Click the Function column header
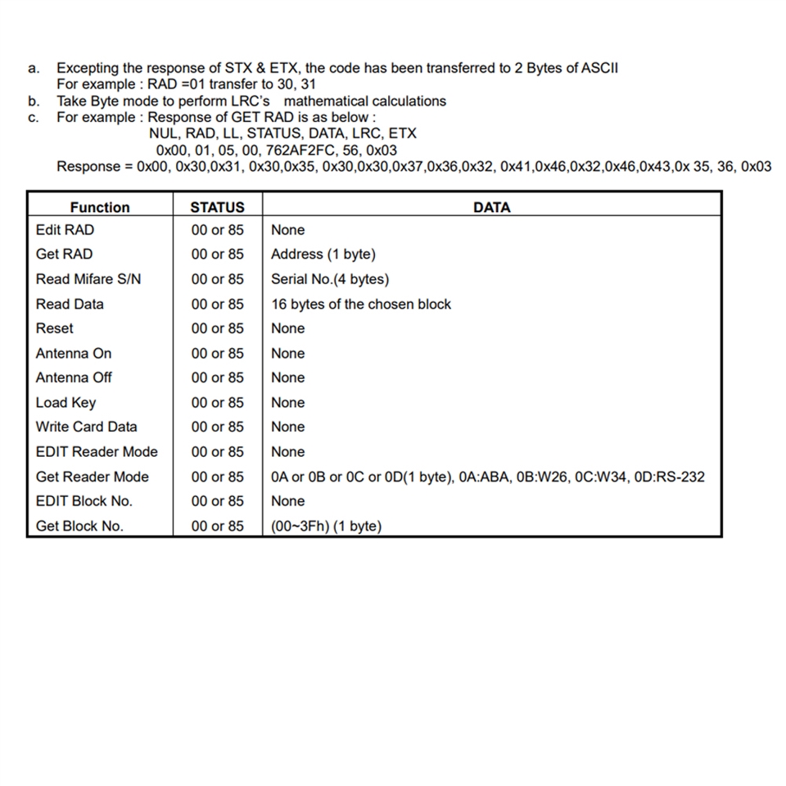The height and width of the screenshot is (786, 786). click(x=99, y=207)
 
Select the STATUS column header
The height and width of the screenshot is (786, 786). click(x=217, y=207)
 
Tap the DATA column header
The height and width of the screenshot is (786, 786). click(x=491, y=207)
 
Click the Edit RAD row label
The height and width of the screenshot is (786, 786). click(x=65, y=230)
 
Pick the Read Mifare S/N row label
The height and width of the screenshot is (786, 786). click(x=88, y=279)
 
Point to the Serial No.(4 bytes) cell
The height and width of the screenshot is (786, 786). click(x=330, y=279)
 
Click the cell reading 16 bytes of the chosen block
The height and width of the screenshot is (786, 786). click(x=361, y=304)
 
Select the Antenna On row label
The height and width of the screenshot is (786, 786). click(x=74, y=353)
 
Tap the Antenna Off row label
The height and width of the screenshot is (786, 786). click(x=74, y=377)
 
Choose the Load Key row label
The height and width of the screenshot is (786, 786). click(x=65, y=402)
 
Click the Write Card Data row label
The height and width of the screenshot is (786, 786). click(x=87, y=427)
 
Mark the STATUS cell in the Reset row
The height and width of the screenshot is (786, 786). click(x=217, y=328)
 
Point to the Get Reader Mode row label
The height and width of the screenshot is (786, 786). click(x=93, y=477)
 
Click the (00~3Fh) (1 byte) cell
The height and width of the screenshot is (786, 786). click(x=326, y=526)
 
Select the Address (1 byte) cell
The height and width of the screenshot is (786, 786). click(x=323, y=254)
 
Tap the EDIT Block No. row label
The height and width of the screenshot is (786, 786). click(x=84, y=500)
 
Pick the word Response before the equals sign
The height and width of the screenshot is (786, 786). click(x=89, y=167)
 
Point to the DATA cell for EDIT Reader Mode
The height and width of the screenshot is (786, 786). click(x=288, y=451)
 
